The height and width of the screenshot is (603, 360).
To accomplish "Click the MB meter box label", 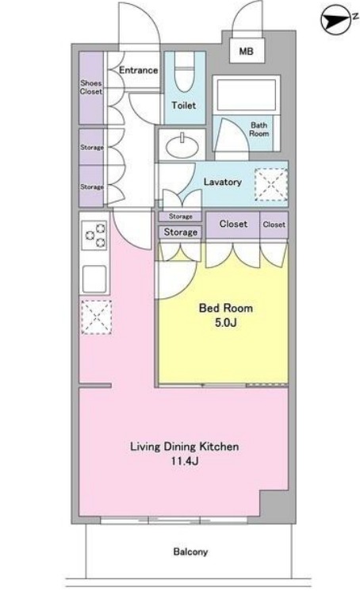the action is tap(247, 51).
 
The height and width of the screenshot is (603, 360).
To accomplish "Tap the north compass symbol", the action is tap(335, 19).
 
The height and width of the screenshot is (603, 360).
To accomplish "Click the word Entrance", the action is tap(138, 70).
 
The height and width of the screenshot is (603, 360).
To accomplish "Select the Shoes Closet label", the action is tap(91, 87).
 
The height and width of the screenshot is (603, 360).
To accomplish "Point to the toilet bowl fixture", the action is tap(185, 72).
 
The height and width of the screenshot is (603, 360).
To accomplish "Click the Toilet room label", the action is tap(184, 105).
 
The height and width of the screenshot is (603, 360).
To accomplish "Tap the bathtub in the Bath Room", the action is tap(246, 94).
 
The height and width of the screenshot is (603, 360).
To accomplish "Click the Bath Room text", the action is tap(259, 129).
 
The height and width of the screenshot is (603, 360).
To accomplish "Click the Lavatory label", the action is tap(223, 182).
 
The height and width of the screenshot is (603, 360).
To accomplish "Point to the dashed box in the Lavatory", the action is tap(271, 185).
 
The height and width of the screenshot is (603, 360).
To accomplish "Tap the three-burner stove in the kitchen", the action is tap(94, 236).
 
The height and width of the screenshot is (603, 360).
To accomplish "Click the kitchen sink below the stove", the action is tap(94, 279).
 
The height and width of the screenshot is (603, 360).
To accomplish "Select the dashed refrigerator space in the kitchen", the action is tap(96, 317).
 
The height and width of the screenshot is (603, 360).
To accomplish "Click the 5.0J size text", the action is tap(225, 322).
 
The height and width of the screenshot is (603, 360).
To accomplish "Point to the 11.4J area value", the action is tap(185, 461).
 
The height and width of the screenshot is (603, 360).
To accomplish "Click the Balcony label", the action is tap(190, 552).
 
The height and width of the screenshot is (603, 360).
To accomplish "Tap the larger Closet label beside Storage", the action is tap(233, 224).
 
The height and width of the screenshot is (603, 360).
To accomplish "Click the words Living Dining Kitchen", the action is tap(185, 447).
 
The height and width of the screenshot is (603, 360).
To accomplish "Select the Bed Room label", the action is tap(225, 308).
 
